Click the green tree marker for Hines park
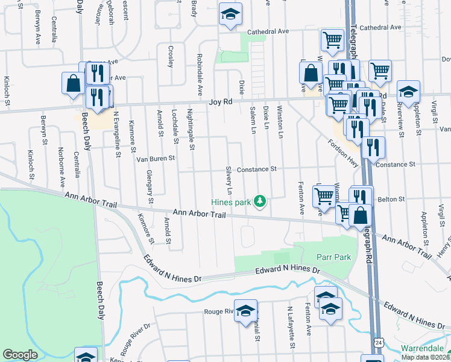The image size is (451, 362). click(x=260, y=201)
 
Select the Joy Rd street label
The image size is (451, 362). click(x=220, y=103)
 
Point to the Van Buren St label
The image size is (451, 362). click(x=155, y=159)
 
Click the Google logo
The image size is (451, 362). click(x=20, y=355)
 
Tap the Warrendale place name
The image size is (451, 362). click(x=424, y=349)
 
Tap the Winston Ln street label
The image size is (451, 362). click(x=279, y=122)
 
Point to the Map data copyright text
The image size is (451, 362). click(x=426, y=357)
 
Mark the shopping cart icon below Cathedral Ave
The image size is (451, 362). click(x=332, y=40)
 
